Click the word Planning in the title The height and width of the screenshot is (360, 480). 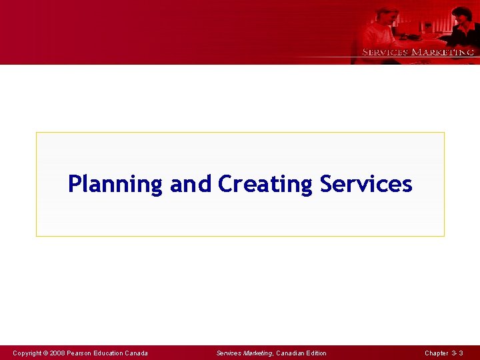tap(115, 184)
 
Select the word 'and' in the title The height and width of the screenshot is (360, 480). tap(190, 183)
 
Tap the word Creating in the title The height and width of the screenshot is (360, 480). tap(265, 184)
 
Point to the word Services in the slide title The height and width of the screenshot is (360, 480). tap(366, 183)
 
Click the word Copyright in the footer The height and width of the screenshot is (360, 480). tap(27, 353)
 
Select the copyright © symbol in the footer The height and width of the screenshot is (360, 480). tap(46, 353)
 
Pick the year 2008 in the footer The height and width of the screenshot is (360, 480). tap(57, 353)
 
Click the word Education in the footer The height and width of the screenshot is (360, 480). tap(108, 353)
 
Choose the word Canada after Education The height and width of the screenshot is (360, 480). tap(136, 353)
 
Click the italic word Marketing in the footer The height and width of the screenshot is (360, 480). tap(258, 353)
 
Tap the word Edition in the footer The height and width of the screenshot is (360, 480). tap(316, 353)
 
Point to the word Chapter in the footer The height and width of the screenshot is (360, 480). tap(436, 353)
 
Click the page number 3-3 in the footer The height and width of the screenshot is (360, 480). tap(457, 353)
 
